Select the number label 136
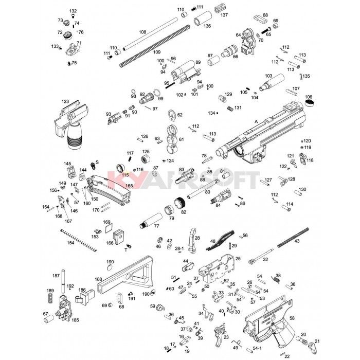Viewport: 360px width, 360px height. coord(208,25)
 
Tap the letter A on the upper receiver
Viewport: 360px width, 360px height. coord(256,121)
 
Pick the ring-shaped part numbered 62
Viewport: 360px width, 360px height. coord(173,115)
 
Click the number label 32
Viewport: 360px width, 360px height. coord(266,260)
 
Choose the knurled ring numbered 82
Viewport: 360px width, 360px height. coord(179,202)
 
